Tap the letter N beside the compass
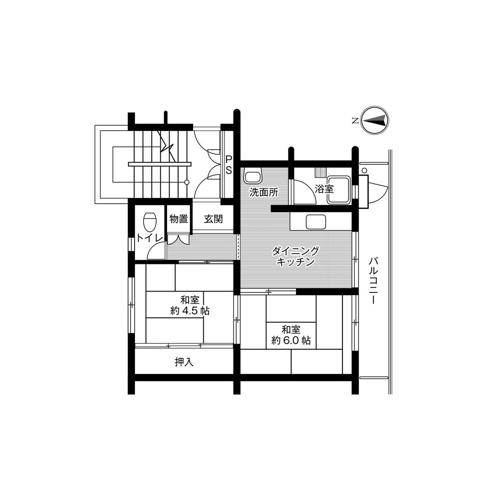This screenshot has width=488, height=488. (x=355, y=120)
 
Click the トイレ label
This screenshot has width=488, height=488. (x=150, y=238)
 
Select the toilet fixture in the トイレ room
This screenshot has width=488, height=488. (x=150, y=222)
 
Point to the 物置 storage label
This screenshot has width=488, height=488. (x=179, y=219)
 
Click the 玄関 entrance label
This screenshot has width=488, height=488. (x=213, y=219)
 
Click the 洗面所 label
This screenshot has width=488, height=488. (x=264, y=192)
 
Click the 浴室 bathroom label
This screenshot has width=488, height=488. (x=324, y=189)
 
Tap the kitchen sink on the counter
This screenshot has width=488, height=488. (x=316, y=222)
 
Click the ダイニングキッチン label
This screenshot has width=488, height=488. (x=295, y=256)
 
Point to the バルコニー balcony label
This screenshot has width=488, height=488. (x=373, y=280)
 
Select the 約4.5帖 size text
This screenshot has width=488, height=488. (x=190, y=311)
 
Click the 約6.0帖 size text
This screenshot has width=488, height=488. (x=291, y=340)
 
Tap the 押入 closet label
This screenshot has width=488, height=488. (x=184, y=362)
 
